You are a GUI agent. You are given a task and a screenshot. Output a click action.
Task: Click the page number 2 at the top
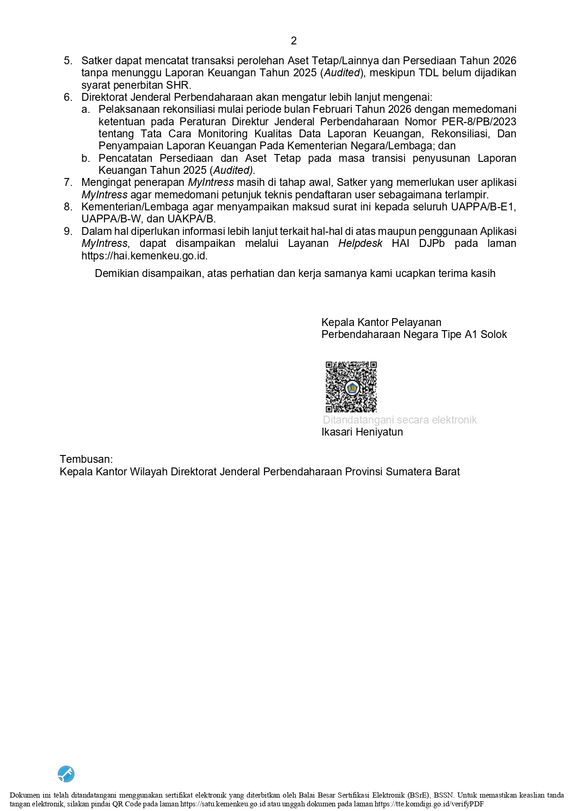(294, 41)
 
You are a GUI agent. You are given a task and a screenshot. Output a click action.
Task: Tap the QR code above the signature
(351, 387)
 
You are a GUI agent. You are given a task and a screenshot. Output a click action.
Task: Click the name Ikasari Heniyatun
(362, 432)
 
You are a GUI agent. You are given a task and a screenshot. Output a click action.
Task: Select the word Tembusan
(86, 459)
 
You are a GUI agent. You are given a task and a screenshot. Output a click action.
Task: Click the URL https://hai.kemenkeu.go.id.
(144, 256)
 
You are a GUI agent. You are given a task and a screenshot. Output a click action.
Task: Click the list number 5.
(68, 61)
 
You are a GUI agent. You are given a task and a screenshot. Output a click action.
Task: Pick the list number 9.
(68, 231)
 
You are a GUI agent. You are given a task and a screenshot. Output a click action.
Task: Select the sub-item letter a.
(85, 110)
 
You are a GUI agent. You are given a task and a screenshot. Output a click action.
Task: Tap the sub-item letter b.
(85, 158)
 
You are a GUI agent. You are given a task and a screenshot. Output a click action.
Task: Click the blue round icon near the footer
(66, 774)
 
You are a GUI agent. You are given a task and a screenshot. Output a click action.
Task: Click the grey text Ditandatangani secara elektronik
(400, 420)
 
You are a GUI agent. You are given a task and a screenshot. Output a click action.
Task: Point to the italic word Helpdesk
(360, 244)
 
